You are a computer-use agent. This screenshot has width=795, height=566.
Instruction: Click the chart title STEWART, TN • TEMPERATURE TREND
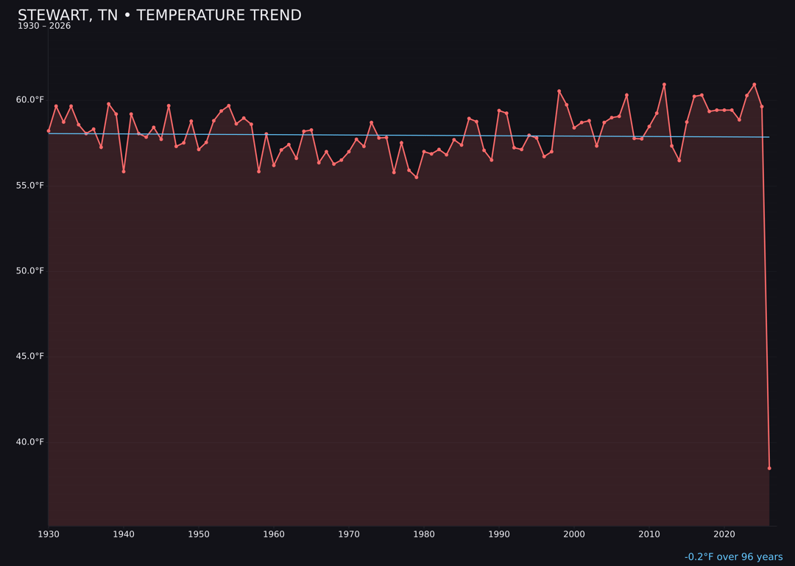(159, 15)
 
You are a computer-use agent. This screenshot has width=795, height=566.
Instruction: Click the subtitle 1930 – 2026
(44, 27)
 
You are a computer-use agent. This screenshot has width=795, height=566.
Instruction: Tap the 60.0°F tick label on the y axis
(31, 100)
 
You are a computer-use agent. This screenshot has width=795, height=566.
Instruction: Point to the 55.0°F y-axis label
(31, 186)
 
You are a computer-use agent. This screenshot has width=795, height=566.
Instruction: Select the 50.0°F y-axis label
(31, 271)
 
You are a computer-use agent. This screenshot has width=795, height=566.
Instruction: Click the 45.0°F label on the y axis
(31, 357)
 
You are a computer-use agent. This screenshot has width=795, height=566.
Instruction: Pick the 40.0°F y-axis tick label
(31, 442)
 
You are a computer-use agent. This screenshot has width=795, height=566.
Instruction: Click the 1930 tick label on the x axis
(49, 534)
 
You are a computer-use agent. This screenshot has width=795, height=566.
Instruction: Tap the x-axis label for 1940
(124, 534)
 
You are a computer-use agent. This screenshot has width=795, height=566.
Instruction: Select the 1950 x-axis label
(199, 534)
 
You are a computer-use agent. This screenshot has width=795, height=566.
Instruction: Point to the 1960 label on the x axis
(274, 534)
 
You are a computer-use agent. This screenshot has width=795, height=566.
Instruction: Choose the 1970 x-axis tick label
(349, 534)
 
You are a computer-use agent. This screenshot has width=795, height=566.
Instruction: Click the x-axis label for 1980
(424, 534)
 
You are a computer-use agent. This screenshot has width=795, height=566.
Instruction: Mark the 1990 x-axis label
(499, 534)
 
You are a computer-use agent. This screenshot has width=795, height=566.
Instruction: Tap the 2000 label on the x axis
(574, 534)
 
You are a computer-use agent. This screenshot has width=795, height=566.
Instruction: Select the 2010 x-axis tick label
(649, 534)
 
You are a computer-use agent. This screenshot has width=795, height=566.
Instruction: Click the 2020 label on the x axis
(724, 534)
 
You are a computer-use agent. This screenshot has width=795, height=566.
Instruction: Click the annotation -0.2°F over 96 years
(733, 557)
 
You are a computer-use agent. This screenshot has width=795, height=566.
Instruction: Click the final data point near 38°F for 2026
(769, 468)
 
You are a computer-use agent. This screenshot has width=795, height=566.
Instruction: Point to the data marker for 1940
(124, 171)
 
